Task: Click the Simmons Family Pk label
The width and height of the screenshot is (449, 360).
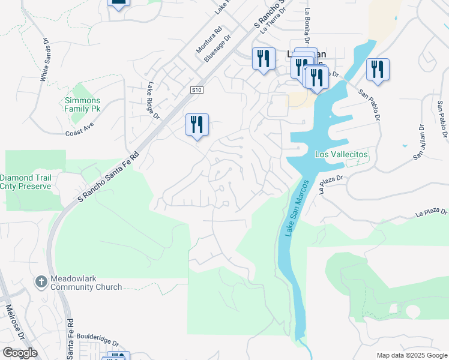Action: click(83, 105)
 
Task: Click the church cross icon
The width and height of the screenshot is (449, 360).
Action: click(41, 281)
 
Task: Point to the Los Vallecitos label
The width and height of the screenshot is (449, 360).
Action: click(342, 154)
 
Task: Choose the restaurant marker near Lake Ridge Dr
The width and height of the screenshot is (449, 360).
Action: click(196, 125)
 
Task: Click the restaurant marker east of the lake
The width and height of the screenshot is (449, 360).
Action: click(378, 69)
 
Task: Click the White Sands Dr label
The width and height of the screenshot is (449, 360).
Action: click(44, 60)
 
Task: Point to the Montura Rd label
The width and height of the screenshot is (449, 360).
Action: click(209, 40)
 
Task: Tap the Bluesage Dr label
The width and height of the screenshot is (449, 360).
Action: click(217, 47)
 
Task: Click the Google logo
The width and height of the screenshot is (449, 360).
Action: click(20, 353)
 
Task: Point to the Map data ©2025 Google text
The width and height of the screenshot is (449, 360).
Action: click(411, 355)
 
